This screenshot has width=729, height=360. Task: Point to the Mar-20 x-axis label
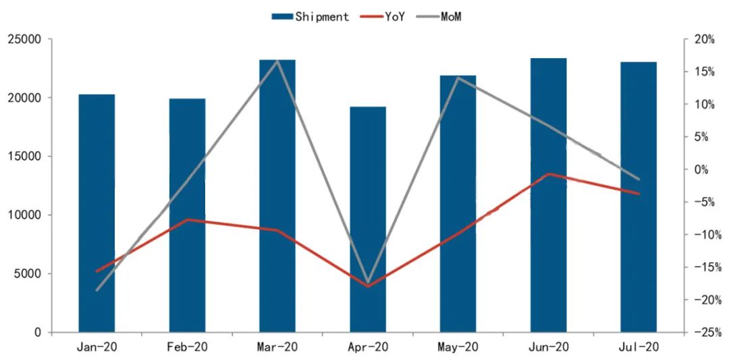pyautogui.click(x=277, y=347)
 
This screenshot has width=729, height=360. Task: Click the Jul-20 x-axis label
pyautogui.click(x=639, y=347)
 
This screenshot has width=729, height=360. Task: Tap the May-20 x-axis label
pyautogui.click(x=458, y=347)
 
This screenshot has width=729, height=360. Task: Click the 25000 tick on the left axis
pyautogui.click(x=24, y=39)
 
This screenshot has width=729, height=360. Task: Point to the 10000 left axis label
pyautogui.click(x=24, y=215)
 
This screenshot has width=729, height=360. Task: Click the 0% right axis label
pyautogui.click(x=706, y=170)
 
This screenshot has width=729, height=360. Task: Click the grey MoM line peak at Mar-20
pyautogui.click(x=277, y=61)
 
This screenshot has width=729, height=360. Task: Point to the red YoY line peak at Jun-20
pyautogui.click(x=548, y=174)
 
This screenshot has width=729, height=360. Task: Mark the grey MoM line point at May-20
pyautogui.click(x=458, y=78)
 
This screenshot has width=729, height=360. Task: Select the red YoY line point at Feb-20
pyautogui.click(x=187, y=220)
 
